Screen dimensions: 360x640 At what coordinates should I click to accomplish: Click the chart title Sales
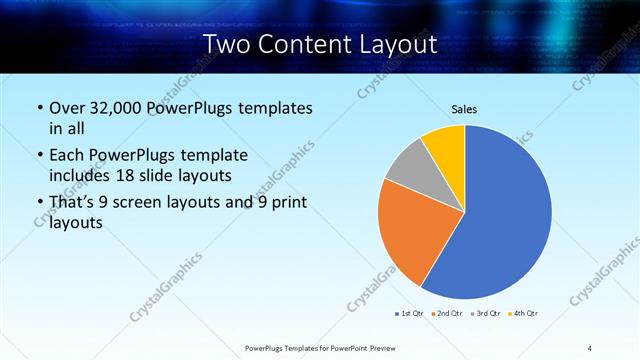tap(463, 109)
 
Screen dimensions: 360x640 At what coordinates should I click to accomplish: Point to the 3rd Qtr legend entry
tap(486, 314)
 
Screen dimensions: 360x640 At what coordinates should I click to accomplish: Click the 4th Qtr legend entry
tap(525, 314)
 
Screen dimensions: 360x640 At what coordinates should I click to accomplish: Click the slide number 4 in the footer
tap(590, 348)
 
